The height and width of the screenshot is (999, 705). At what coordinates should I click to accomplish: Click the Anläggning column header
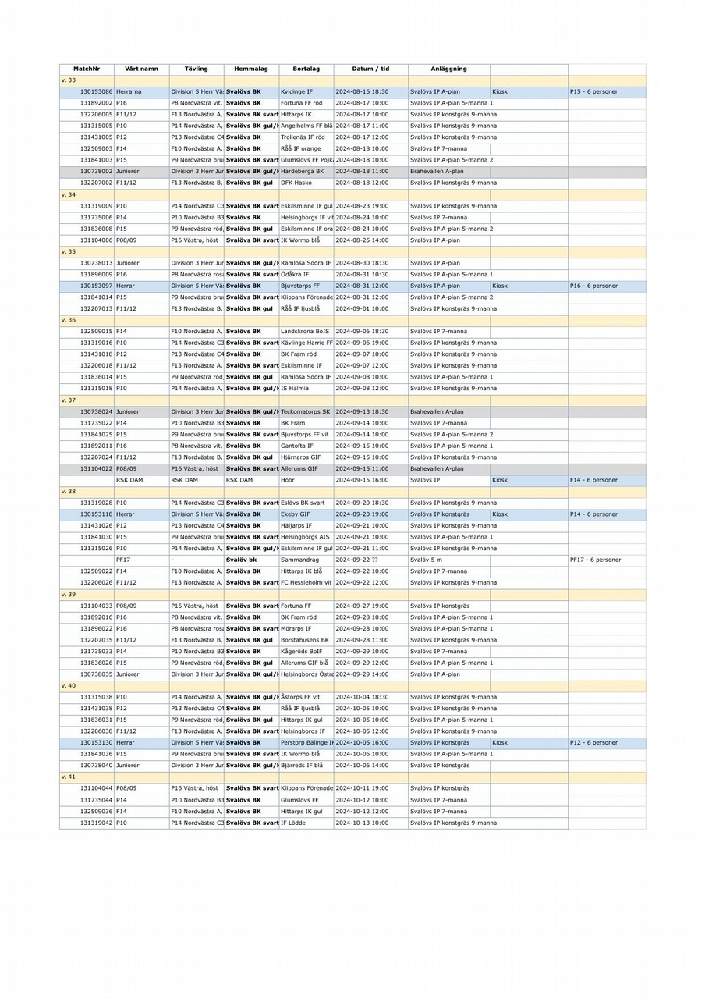[x=448, y=69]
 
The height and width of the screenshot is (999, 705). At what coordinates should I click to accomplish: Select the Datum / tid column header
[x=370, y=69]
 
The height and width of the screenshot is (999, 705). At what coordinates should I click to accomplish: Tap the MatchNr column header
[x=87, y=69]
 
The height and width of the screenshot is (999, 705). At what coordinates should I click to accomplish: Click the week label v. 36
[x=69, y=320]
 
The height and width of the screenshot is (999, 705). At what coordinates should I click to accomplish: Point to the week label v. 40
[x=69, y=685]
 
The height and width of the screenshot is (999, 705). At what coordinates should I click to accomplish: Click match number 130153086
[x=97, y=91]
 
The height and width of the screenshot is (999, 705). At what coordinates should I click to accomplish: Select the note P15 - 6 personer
[x=593, y=91]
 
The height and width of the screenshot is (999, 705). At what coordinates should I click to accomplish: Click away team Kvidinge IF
[x=296, y=91]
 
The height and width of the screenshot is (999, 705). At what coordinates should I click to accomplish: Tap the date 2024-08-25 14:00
[x=362, y=240]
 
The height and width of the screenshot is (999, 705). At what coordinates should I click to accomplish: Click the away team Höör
[x=288, y=480]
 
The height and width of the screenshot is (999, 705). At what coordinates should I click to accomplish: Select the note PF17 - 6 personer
[x=595, y=560]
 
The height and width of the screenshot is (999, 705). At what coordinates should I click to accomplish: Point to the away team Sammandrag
[x=299, y=560]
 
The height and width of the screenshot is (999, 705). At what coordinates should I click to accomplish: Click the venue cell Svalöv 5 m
[x=426, y=560]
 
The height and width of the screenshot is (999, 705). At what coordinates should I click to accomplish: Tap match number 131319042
[x=97, y=823]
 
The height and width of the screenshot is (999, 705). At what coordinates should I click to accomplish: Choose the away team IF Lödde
[x=293, y=823]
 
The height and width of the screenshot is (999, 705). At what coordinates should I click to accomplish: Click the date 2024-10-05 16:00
[x=362, y=742]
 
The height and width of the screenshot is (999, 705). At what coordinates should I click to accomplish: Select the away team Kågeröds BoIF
[x=301, y=651]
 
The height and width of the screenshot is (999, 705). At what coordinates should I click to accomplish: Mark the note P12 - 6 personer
[x=593, y=742]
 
